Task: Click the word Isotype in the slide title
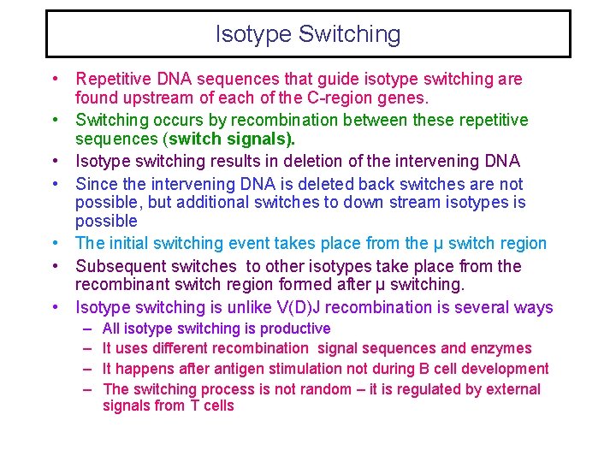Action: (253, 35)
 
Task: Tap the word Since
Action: (97, 184)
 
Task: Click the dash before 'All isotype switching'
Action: (88, 329)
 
